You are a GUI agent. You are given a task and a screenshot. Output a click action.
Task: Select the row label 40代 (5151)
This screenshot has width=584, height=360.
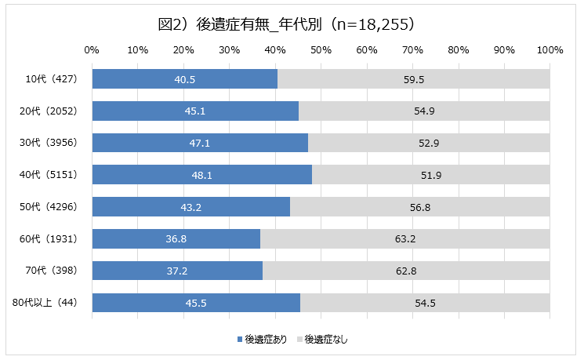click(49, 175)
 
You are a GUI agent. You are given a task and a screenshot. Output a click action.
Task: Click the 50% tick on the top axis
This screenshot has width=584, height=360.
click(321, 49)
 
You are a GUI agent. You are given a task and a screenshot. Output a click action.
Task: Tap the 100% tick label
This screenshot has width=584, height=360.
click(550, 49)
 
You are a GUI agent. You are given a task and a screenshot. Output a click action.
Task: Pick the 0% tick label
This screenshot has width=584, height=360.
click(92, 49)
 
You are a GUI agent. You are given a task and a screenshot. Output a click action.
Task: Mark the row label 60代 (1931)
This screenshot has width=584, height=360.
click(49, 238)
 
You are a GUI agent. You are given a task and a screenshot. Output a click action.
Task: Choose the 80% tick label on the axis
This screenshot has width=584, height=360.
click(459, 49)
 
